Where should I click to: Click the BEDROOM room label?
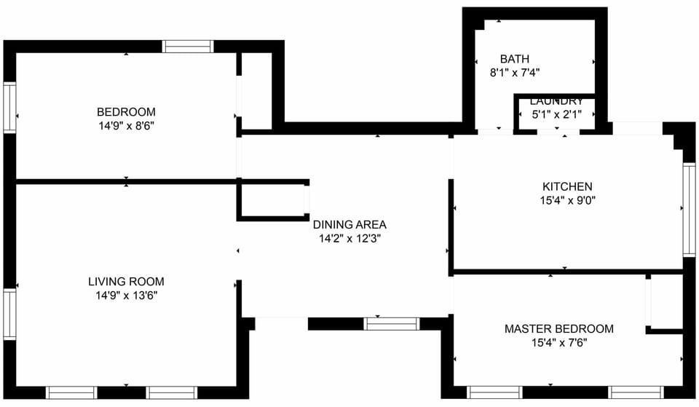click(x=126, y=112)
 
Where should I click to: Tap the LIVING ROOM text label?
click(x=126, y=282)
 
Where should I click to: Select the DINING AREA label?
click(x=349, y=225)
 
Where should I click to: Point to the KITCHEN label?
click(x=567, y=186)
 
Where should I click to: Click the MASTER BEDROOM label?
click(x=558, y=329)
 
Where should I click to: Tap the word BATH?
click(x=514, y=59)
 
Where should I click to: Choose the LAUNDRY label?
click(x=556, y=101)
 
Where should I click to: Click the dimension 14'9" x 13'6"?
click(x=126, y=295)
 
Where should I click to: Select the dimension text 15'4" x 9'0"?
click(x=567, y=199)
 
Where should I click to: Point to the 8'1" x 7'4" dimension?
click(x=514, y=72)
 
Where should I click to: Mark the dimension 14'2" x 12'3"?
click(x=349, y=238)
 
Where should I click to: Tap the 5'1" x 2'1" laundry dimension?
click(x=556, y=114)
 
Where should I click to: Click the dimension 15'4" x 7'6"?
click(x=558, y=342)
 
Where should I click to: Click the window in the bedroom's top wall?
click(x=188, y=46)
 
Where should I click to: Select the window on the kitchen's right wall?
click(x=689, y=209)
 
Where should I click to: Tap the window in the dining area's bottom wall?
click(x=392, y=323)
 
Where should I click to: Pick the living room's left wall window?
click(x=9, y=315)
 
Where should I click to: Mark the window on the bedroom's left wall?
click(x=9, y=107)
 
